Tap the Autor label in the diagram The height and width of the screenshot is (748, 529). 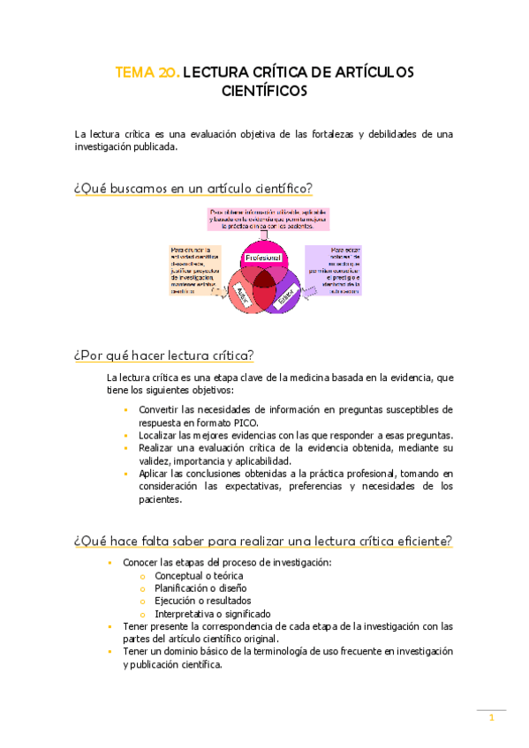(241, 295)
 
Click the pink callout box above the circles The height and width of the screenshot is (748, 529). (261, 219)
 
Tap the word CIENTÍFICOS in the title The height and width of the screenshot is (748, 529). (264, 90)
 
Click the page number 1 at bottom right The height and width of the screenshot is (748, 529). (491, 718)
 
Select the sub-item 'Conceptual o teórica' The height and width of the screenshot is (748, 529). (199, 575)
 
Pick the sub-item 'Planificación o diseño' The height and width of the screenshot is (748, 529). (200, 587)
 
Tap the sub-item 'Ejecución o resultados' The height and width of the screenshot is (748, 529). (202, 601)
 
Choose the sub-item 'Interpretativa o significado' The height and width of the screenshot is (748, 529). (212, 613)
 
